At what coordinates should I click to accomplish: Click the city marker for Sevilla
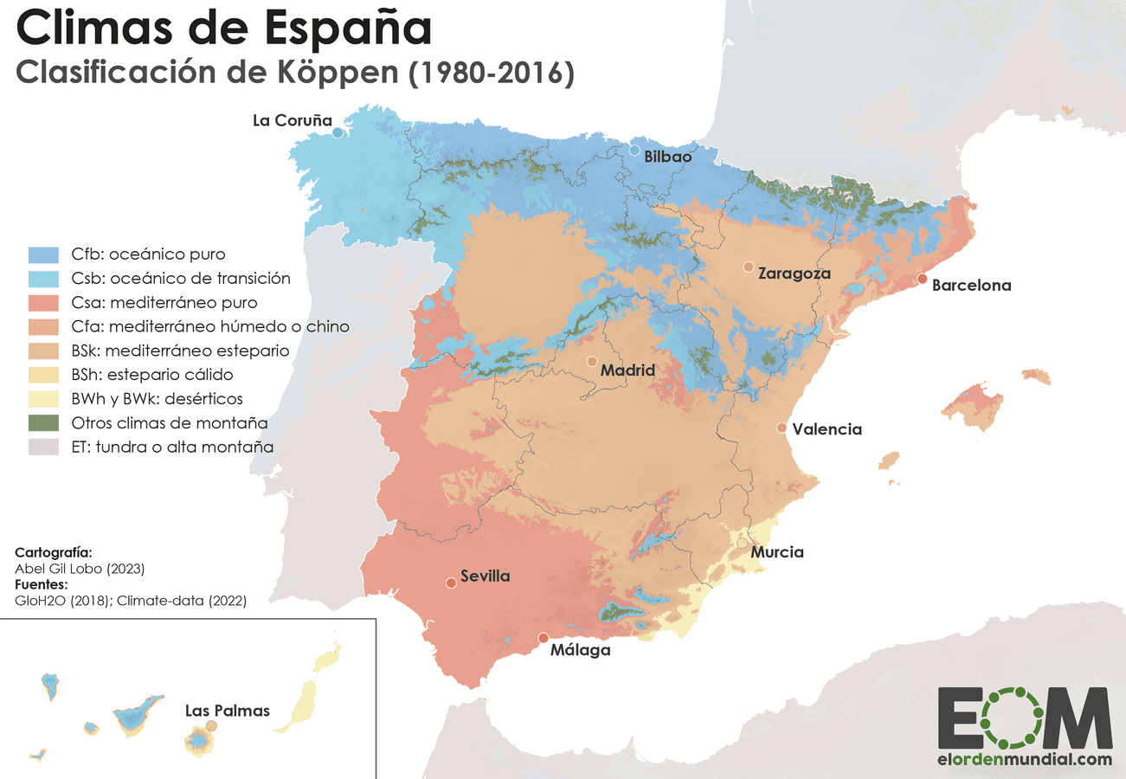click(451, 583)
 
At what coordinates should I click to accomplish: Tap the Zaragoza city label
click(794, 274)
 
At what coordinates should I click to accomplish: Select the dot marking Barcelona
click(923, 279)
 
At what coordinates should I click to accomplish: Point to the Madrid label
click(627, 370)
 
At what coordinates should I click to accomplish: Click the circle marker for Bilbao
click(634, 151)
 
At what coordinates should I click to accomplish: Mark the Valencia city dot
click(782, 428)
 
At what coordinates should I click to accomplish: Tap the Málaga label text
click(580, 650)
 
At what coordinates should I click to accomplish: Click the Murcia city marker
click(743, 543)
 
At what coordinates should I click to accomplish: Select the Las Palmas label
click(228, 711)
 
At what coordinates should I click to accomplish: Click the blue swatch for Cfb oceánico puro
click(43, 254)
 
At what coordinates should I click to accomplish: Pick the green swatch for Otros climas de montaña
click(43, 423)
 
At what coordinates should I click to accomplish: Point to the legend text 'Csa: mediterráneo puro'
click(164, 303)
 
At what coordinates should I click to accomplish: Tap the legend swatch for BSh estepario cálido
click(43, 375)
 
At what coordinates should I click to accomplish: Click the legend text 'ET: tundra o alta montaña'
click(173, 447)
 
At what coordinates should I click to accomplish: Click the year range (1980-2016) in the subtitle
click(491, 74)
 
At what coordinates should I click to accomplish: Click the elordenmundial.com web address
click(1025, 759)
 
